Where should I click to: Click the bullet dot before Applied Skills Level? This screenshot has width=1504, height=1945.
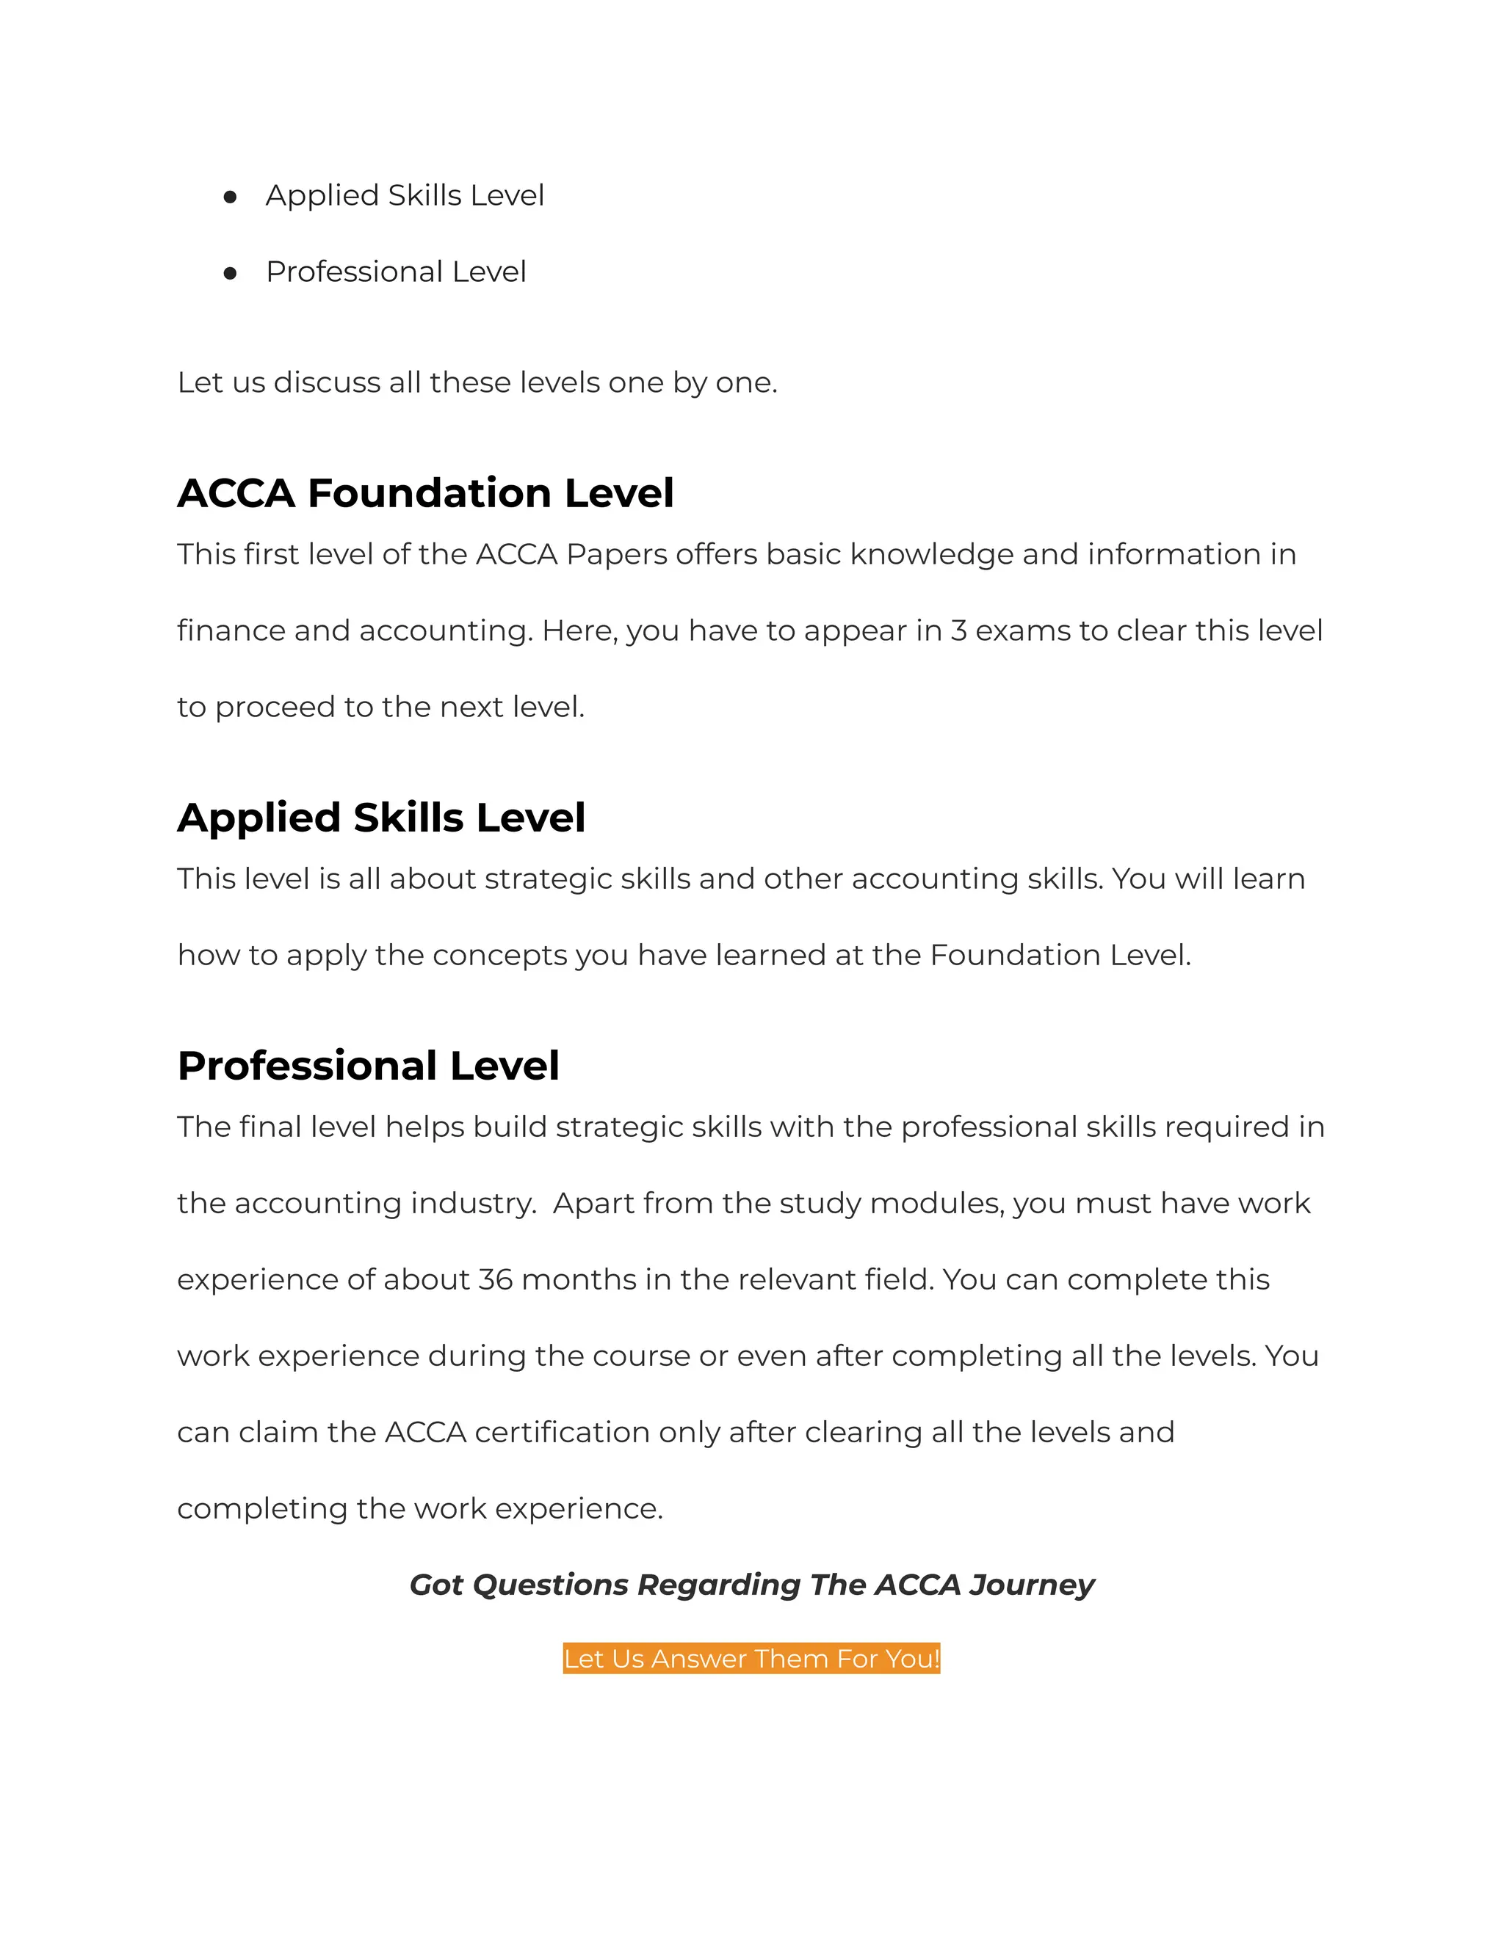230,197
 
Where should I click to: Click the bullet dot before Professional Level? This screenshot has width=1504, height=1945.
230,274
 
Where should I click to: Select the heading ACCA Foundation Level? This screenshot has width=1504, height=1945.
425,493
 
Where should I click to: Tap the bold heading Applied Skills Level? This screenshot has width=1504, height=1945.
381,818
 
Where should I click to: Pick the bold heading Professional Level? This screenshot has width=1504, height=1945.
368,1066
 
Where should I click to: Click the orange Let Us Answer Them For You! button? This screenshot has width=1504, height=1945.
751,1658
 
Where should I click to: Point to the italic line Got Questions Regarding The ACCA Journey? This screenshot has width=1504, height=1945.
751,1585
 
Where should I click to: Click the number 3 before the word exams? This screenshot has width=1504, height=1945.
958,630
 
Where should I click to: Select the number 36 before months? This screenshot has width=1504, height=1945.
496,1280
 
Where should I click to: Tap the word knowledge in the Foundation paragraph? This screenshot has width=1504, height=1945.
931,555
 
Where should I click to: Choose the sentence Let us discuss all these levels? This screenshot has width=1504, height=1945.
477,383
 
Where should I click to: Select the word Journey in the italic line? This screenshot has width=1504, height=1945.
1032,1585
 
